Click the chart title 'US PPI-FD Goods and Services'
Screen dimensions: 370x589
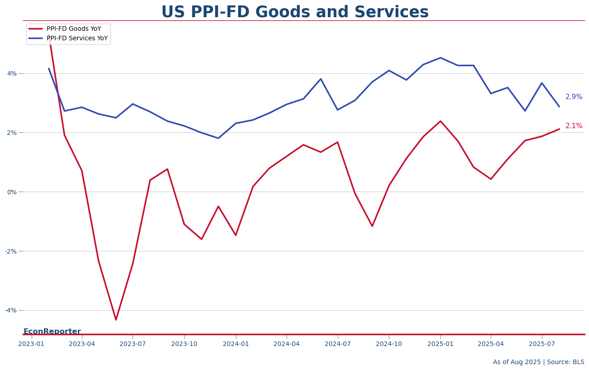(x=295, y=12)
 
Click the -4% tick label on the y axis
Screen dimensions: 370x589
(x=10, y=310)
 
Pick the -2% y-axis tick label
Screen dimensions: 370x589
(x=10, y=251)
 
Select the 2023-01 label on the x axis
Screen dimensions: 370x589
(x=31, y=344)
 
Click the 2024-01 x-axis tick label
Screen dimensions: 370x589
(x=235, y=344)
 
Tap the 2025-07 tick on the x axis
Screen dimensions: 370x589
(x=541, y=344)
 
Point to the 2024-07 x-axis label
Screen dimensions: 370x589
(x=337, y=344)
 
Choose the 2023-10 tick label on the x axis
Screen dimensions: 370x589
(x=184, y=344)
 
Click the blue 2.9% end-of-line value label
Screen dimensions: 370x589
(x=574, y=97)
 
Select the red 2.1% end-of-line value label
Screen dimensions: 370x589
(x=574, y=126)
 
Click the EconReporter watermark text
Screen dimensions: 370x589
(x=52, y=332)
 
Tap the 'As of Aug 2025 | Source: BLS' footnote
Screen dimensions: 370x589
(x=538, y=362)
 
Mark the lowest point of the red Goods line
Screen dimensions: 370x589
(x=116, y=320)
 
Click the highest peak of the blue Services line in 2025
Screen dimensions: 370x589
(x=440, y=58)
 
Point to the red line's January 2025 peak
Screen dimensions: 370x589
(x=440, y=121)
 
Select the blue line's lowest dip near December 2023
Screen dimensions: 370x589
(x=218, y=138)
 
